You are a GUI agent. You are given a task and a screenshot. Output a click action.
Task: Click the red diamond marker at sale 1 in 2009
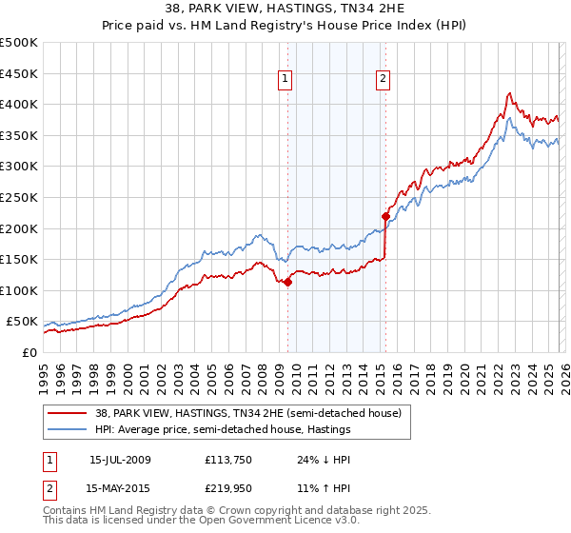pos(287,282)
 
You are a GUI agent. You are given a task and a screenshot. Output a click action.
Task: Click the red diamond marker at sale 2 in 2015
pos(385,216)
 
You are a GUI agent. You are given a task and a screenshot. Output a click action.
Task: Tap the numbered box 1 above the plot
pos(285,79)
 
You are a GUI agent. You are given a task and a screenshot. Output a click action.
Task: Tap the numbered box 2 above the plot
pos(383,79)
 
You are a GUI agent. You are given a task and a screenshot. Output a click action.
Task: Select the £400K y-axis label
pos(19,105)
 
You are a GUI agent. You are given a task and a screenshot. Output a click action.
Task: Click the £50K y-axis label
pos(22,322)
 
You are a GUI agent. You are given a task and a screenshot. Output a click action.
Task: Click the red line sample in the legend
pos(68,413)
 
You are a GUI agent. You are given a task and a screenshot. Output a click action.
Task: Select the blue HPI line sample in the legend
pos(68,430)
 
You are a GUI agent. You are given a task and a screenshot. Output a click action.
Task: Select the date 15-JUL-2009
pos(120,459)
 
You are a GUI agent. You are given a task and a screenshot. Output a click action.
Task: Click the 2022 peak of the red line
pos(510,93)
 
